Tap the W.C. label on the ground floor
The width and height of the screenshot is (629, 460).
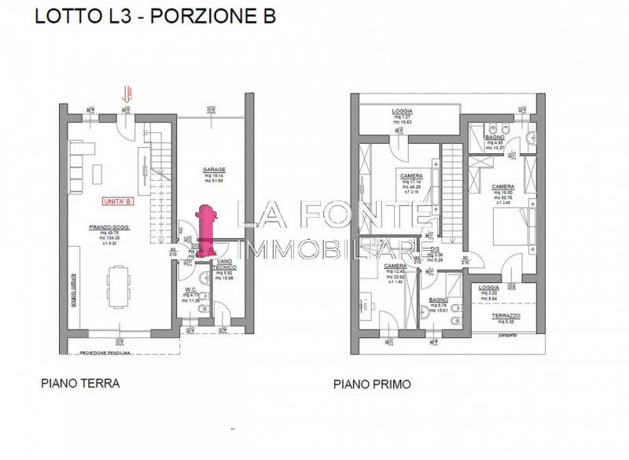pyautogui.click(x=190, y=289)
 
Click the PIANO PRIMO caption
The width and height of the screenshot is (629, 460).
pyautogui.click(x=373, y=385)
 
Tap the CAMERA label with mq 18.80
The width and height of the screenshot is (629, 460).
pyautogui.click(x=503, y=187)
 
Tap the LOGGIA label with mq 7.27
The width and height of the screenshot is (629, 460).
pyautogui.click(x=403, y=112)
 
